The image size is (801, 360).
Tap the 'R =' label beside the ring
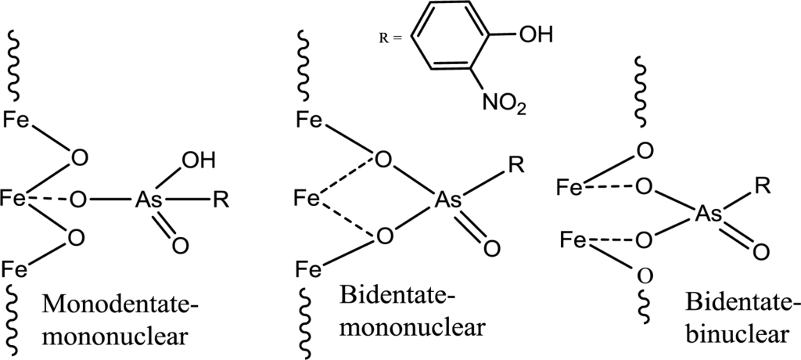(389, 38)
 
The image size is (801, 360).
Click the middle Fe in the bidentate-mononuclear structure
(307, 199)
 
